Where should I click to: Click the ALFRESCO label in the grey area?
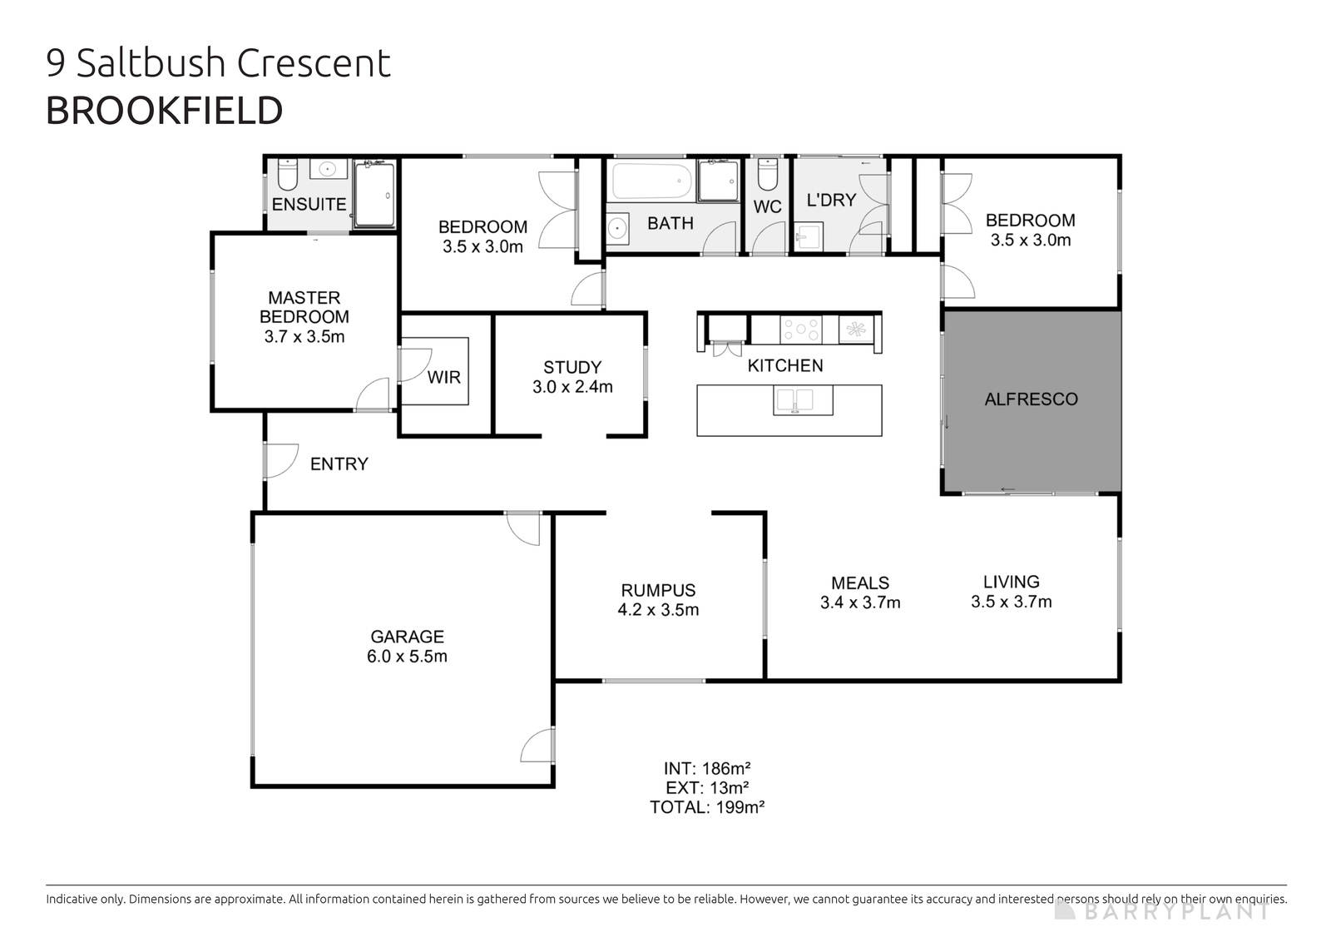[x=1031, y=399]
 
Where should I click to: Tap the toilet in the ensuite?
[x=287, y=175]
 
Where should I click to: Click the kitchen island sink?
[x=804, y=401]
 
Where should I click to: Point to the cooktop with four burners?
[x=800, y=330]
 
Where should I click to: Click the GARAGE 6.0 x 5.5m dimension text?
[x=407, y=657]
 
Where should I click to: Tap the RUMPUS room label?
[x=658, y=590]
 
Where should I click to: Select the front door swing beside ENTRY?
[x=281, y=460]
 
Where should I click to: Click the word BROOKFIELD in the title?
[x=164, y=111]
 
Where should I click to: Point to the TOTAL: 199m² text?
[x=707, y=806]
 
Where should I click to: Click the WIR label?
[x=443, y=378]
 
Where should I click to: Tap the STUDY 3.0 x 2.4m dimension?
[x=572, y=387]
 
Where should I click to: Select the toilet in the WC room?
[x=766, y=175]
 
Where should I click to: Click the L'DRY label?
[x=831, y=200]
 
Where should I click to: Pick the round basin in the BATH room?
[x=617, y=227]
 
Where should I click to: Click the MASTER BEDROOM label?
[x=304, y=307]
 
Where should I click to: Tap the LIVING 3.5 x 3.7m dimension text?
[x=1011, y=602]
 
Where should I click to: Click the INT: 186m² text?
[x=707, y=768]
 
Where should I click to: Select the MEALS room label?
[x=860, y=583]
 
